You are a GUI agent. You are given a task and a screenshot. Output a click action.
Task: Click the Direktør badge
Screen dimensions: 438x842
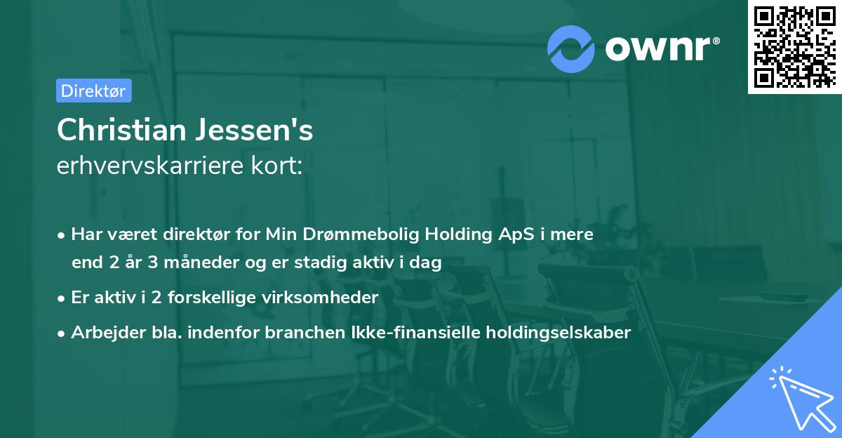pyautogui.click(x=93, y=91)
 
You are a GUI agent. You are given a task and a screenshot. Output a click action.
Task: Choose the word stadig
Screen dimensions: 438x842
pyautogui.click(x=327, y=263)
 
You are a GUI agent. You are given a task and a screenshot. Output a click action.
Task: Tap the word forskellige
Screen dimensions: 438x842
pyautogui.click(x=213, y=298)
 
